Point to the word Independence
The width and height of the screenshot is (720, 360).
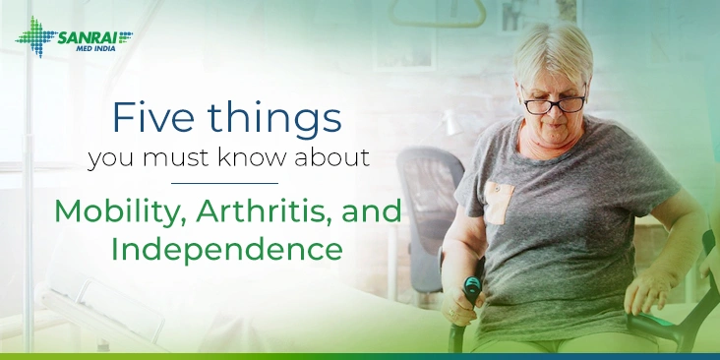tap(226, 246)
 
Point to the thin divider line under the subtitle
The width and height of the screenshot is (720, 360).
tap(225, 182)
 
